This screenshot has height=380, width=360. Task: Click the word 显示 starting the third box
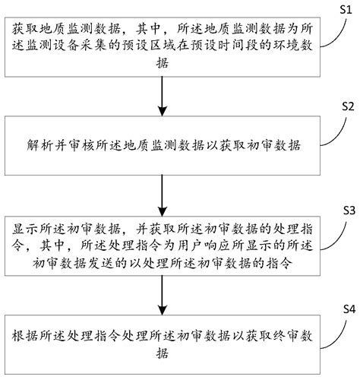[x=23, y=229]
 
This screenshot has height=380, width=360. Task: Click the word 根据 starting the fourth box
[x=23, y=337]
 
